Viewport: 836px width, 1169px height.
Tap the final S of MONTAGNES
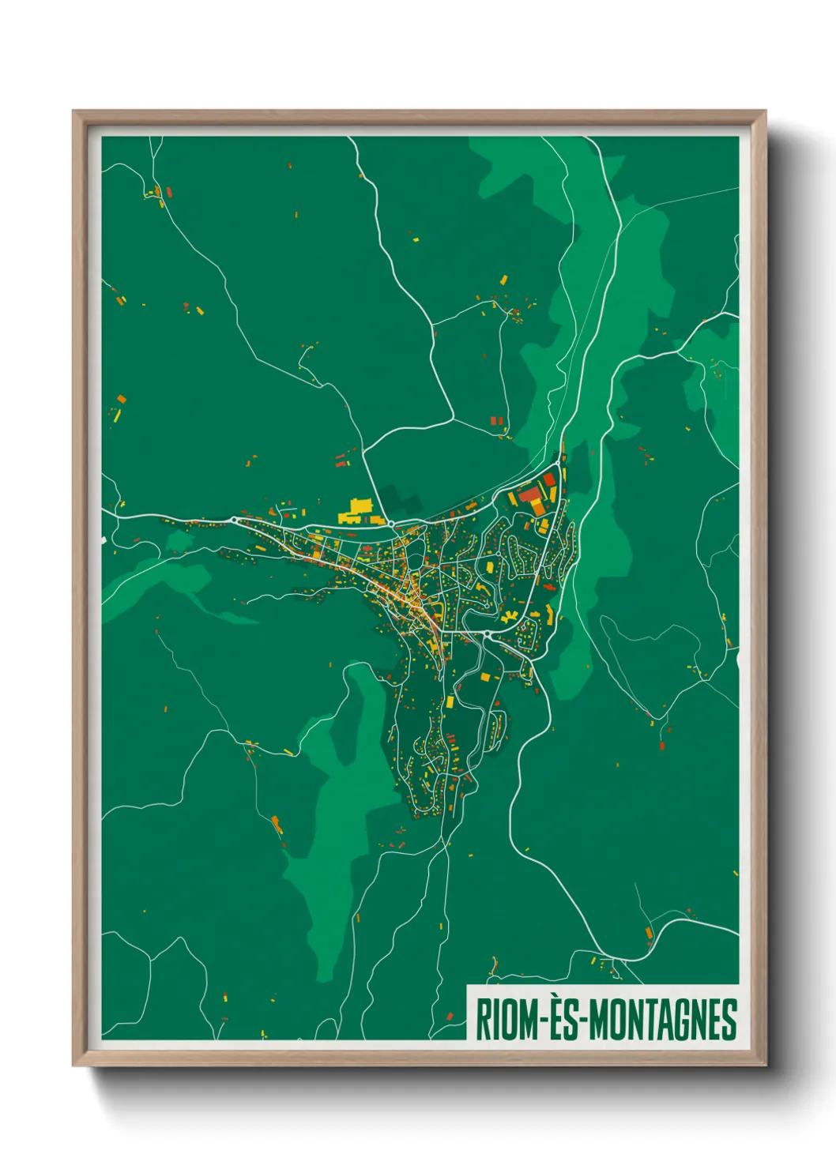tap(730, 1020)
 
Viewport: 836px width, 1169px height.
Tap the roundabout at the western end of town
tap(235, 521)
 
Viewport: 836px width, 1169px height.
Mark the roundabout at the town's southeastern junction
tap(488, 634)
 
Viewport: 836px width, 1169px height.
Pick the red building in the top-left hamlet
tap(168, 192)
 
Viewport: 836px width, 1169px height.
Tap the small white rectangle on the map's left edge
tap(104, 539)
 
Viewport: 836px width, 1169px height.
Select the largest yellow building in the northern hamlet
tap(503, 280)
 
